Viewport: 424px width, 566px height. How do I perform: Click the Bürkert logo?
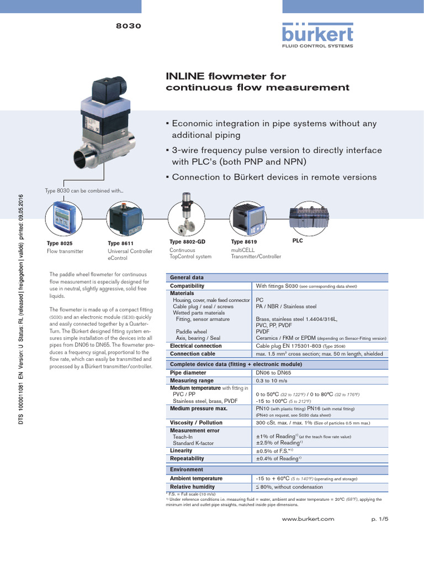coord(317,35)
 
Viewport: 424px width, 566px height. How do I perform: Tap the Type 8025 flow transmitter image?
coord(63,218)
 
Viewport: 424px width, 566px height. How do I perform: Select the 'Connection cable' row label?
coord(192,354)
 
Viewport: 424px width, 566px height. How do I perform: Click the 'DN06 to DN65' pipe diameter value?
coord(274,373)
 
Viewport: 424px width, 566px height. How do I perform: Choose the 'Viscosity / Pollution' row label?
coord(196,423)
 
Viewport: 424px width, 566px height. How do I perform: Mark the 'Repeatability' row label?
coord(187,458)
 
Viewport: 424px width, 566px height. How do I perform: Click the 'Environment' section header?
coord(186,470)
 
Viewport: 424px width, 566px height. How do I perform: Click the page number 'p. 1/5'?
coord(380,519)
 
